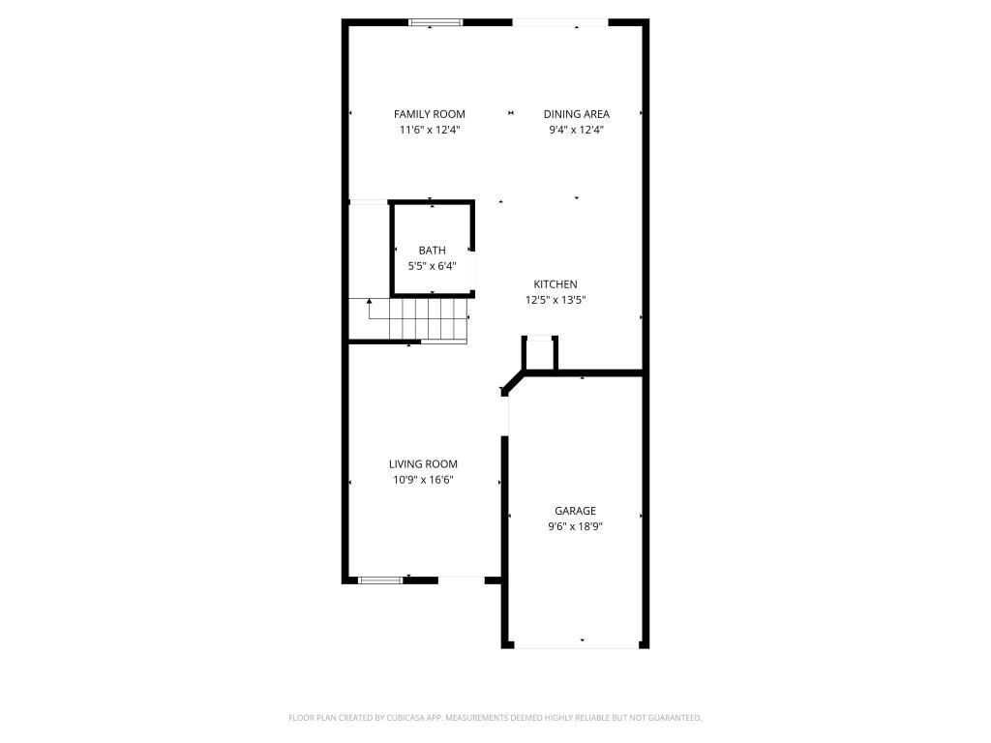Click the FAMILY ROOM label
[x=429, y=114]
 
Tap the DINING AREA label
[x=576, y=114]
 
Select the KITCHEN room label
[x=556, y=284]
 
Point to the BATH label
[x=433, y=251]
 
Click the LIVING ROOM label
[x=423, y=464]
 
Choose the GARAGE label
[x=575, y=511]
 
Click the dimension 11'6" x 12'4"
[x=429, y=130]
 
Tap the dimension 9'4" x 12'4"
[x=576, y=130]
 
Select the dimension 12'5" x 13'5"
[x=556, y=300]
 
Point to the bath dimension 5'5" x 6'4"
[x=433, y=266]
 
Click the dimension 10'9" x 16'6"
[x=423, y=480]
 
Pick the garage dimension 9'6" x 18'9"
[x=575, y=526]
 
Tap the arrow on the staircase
[x=369, y=308]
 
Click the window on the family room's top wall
[x=435, y=22]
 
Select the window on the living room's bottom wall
[x=380, y=580]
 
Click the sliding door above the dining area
[x=560, y=22]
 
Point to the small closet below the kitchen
[x=540, y=354]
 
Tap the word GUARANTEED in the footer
[x=674, y=718]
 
